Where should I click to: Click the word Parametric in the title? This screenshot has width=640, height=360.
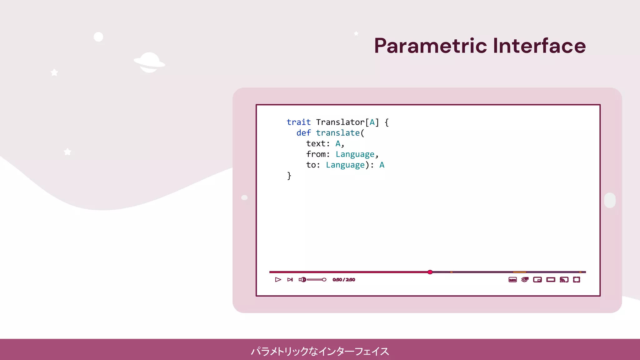click(x=431, y=46)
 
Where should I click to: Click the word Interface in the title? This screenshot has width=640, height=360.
click(x=539, y=46)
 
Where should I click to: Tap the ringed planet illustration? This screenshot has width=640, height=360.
click(x=149, y=62)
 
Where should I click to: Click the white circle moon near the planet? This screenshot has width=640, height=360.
click(x=98, y=37)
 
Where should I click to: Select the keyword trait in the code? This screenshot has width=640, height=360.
click(x=298, y=122)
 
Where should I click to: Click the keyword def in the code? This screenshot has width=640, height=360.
click(x=303, y=133)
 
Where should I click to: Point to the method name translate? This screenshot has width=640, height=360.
click(x=338, y=133)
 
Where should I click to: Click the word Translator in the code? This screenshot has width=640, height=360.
click(x=340, y=122)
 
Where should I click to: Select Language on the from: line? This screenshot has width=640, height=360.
click(x=355, y=154)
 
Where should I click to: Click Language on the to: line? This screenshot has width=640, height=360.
click(x=345, y=165)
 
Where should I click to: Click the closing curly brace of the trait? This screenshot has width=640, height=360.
click(x=289, y=176)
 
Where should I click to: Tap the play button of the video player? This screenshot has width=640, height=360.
click(x=278, y=280)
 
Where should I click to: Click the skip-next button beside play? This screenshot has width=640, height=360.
click(x=290, y=280)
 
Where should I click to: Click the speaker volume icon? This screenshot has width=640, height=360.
click(x=302, y=280)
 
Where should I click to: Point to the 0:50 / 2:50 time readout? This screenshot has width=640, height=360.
click(x=344, y=280)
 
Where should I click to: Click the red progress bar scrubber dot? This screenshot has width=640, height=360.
click(x=430, y=272)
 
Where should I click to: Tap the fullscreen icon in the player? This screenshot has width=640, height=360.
click(x=577, y=280)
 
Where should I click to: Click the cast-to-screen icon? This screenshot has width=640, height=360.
click(x=564, y=280)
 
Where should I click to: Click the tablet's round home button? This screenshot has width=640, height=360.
click(x=610, y=200)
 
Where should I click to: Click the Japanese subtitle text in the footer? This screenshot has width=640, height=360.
click(x=320, y=351)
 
